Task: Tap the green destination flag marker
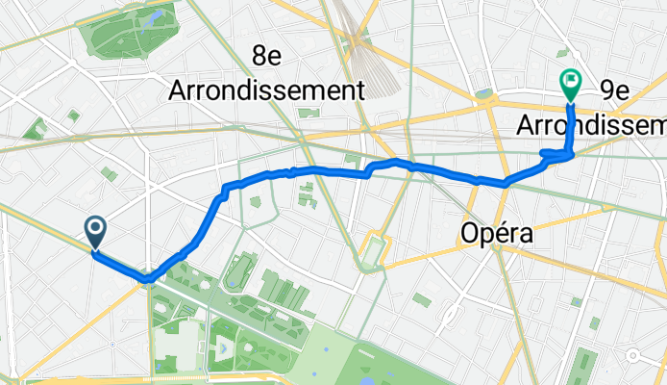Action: [570, 86]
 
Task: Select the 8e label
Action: [266, 57]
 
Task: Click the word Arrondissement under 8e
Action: [266, 91]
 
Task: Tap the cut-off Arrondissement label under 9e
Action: [591, 125]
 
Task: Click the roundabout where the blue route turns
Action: [148, 278]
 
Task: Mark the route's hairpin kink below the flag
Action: [556, 153]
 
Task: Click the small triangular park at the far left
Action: [36, 129]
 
